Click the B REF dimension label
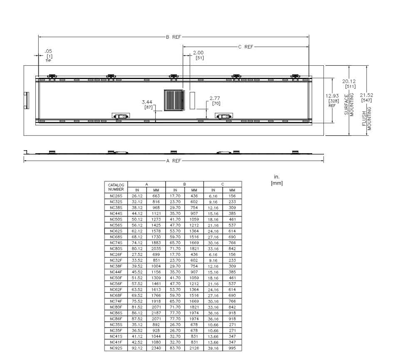tap(173, 37)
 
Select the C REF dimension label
tap(246, 47)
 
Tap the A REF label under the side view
tap(174, 161)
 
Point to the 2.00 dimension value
tap(198, 53)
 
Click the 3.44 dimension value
tap(147, 102)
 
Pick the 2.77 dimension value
tap(215, 98)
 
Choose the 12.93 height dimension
tap(332, 96)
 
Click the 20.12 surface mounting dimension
tap(349, 81)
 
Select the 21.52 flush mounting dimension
tap(367, 95)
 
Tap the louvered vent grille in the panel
tap(174, 100)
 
